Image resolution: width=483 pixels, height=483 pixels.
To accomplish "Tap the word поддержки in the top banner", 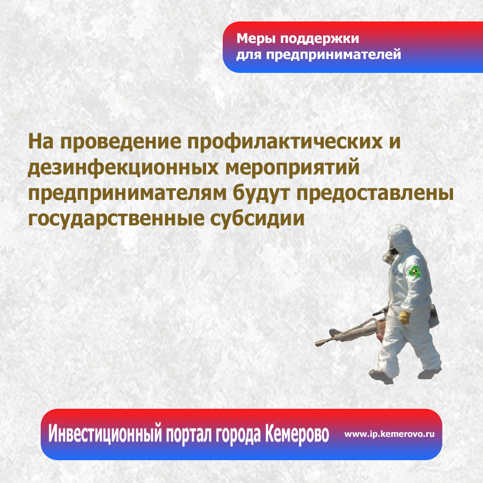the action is pos(319,39).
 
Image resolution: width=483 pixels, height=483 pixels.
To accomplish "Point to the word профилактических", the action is pos(284,142).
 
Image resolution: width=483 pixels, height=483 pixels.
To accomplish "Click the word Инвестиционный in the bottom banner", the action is pos(105,434).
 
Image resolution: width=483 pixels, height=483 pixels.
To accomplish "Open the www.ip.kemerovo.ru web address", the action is pos(390,434).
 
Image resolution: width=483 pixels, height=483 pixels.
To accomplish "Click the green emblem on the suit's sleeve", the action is pos(414,271).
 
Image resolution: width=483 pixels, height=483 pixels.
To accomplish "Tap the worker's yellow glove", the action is pos(404,317).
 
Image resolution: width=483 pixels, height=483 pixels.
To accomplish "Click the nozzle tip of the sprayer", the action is pos(317,343).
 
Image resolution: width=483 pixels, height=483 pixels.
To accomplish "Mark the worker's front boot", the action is pos(381,376).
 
